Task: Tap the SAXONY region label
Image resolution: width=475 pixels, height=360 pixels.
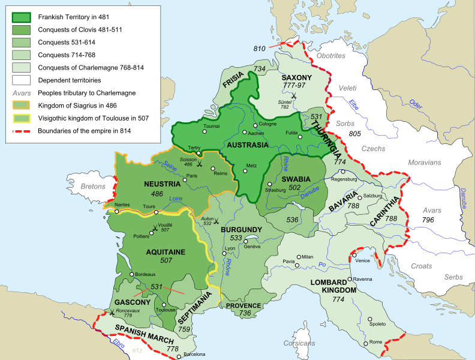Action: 297,78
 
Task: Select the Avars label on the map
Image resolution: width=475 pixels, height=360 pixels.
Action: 428,211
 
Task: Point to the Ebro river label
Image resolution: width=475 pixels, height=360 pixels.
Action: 118,343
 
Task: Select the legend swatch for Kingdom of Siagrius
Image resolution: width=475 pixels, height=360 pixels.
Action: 20,106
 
